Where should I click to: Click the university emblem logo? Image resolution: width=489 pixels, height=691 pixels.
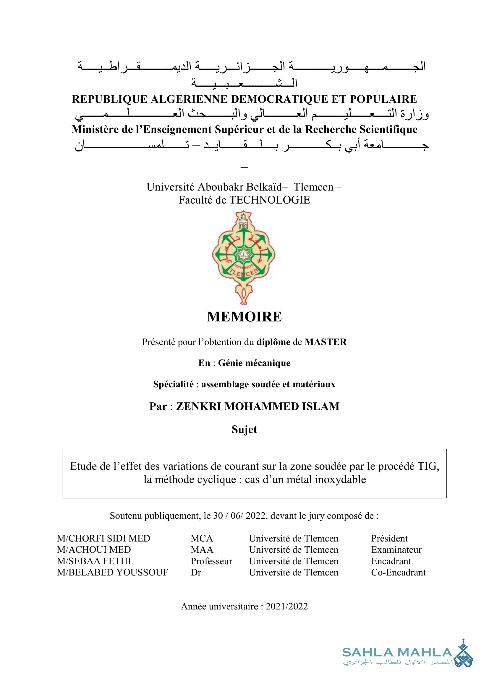(x=244, y=257)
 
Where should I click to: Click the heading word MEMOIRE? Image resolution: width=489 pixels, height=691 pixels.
(x=244, y=317)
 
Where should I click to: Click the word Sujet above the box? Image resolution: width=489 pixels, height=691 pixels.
(x=244, y=430)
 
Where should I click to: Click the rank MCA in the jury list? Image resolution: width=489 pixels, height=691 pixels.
(x=202, y=539)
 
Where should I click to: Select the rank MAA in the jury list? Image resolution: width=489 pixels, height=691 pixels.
(x=202, y=549)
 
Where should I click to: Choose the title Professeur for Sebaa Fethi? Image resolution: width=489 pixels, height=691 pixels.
(x=211, y=561)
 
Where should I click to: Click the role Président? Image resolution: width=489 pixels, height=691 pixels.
(x=389, y=539)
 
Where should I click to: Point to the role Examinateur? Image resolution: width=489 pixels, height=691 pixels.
(x=396, y=549)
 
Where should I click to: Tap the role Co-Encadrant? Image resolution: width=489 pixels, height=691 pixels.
(x=398, y=572)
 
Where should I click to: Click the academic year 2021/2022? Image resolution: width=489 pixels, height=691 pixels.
(x=287, y=606)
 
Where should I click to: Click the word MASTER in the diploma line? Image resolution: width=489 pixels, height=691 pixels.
(x=326, y=342)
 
